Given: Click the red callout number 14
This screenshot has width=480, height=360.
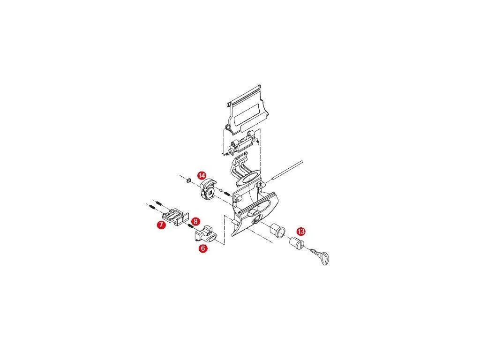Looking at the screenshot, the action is tap(202, 176).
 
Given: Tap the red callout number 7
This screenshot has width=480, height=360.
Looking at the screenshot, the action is tap(161, 225).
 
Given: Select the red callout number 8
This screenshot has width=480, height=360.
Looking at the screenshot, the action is tap(195, 221).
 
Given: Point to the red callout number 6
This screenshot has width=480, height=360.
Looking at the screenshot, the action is tap(202, 248).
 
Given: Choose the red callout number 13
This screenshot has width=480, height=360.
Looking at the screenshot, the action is tap(301, 231).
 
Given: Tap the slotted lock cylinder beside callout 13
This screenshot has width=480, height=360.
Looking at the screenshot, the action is tap(296, 243).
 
